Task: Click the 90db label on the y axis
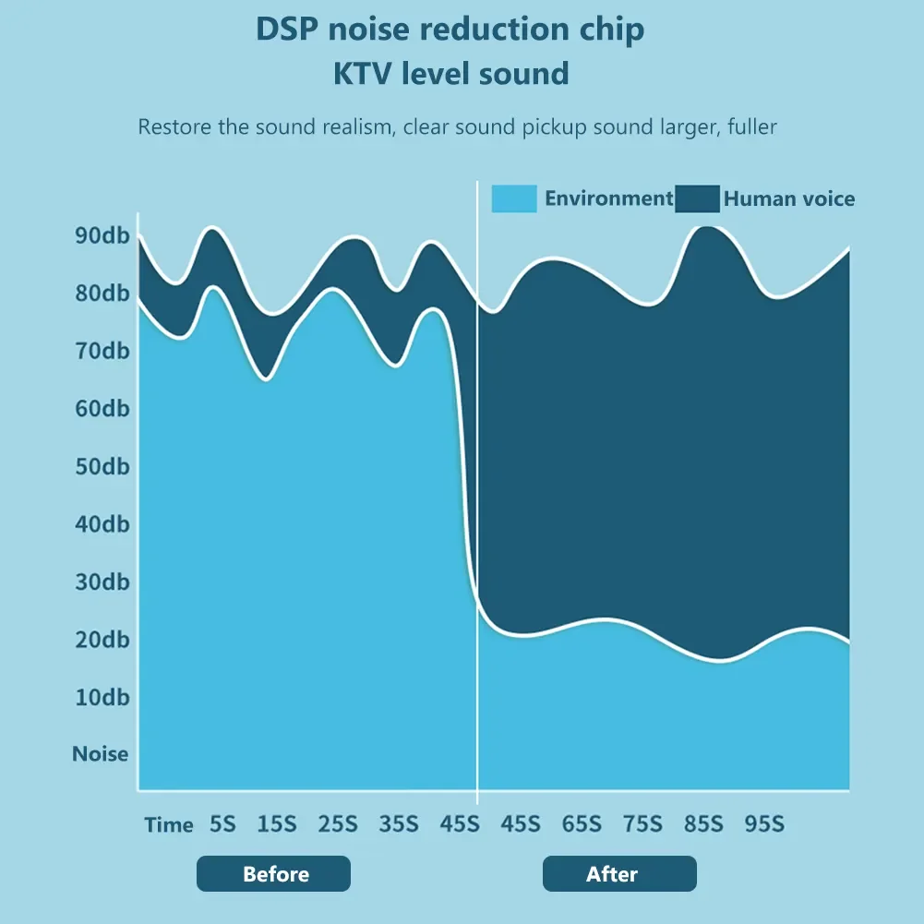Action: pos(102,235)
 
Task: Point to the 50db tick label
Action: pos(102,466)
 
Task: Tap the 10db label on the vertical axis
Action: pos(102,697)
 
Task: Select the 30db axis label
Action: pos(102,582)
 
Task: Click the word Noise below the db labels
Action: pos(101,754)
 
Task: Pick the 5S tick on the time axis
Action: pos(222,823)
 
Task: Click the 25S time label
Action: pos(338,823)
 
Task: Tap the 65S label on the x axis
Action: pos(582,823)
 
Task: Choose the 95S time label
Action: pos(764,823)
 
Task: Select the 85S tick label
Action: pos(703,823)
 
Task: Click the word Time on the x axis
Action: pos(169,824)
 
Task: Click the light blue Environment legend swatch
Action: pos(513,198)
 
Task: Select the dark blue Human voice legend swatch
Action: pos(697,198)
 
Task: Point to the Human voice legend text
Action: pos(789,198)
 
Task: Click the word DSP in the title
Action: pos(287,29)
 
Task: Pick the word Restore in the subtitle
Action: pos(174,126)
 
